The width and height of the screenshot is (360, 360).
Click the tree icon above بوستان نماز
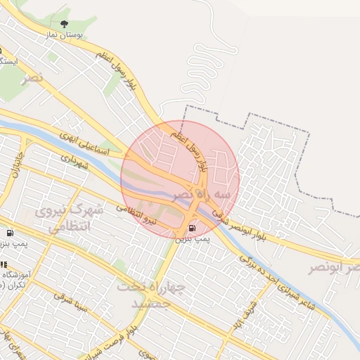pyautogui.click(x=65, y=25)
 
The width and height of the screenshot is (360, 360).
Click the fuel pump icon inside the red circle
pyautogui.click(x=192, y=229)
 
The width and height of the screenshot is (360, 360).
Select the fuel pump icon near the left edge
pyautogui.click(x=9, y=233)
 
